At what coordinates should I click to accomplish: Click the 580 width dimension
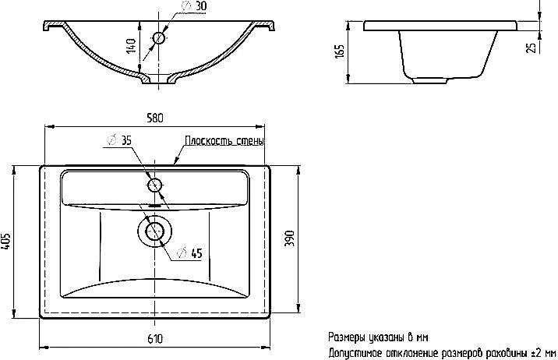[155, 118]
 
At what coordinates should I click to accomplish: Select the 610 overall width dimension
[155, 339]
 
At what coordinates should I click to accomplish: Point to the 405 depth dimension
[6, 242]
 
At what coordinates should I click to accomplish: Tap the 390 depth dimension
[290, 238]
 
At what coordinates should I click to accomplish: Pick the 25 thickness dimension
[532, 48]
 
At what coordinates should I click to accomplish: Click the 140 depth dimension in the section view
[131, 45]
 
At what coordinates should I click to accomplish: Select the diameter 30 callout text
[194, 6]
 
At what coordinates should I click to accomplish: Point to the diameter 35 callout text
[119, 140]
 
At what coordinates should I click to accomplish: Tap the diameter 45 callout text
[189, 253]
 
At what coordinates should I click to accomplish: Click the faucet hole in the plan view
[154, 185]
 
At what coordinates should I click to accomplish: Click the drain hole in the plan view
[155, 231]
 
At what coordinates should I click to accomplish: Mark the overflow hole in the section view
[159, 38]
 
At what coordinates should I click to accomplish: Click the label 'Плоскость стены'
[224, 140]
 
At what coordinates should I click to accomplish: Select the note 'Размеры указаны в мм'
[378, 337]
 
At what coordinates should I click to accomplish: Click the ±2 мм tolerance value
[543, 353]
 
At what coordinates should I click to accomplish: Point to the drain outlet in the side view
[429, 81]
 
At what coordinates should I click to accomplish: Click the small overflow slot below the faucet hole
[154, 205]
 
